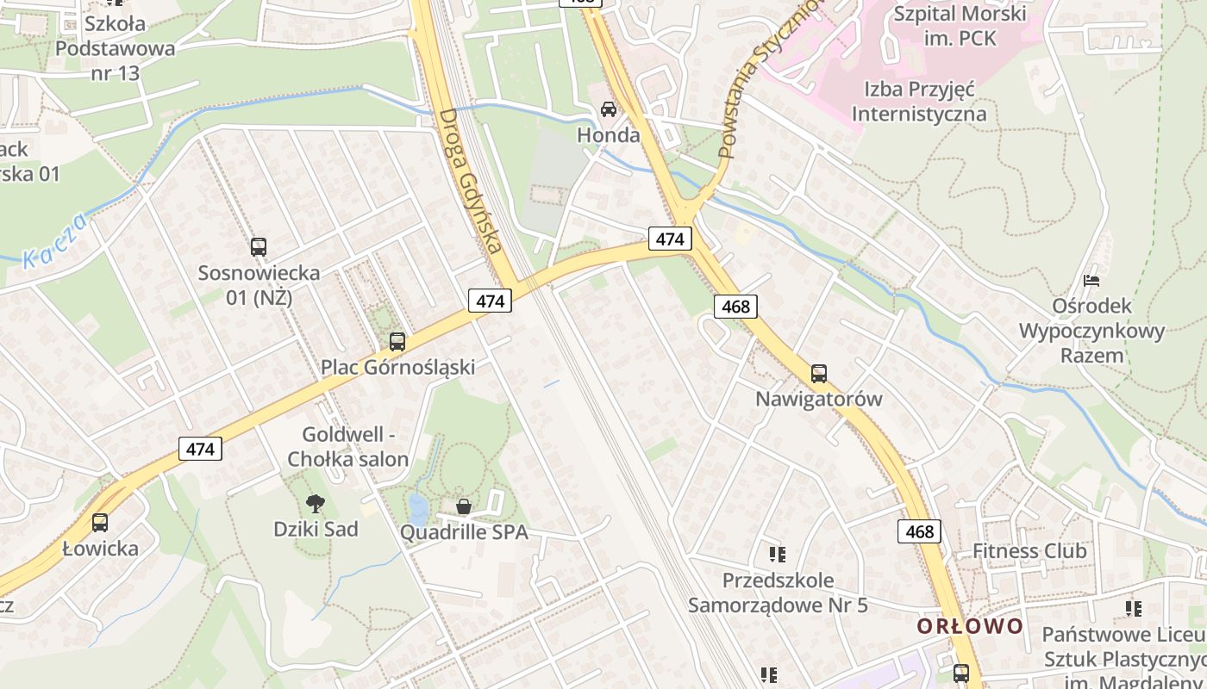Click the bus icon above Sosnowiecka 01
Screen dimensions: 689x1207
(x=258, y=247)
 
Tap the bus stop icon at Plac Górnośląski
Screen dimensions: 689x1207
(x=397, y=341)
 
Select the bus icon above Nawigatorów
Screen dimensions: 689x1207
(x=818, y=374)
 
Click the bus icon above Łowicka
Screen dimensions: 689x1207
(x=100, y=523)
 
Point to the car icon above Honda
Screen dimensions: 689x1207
(x=609, y=109)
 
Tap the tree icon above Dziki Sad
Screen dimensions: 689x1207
(x=316, y=503)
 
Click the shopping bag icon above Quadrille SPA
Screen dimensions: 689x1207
(x=464, y=506)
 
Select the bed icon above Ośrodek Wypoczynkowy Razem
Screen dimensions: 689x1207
(x=1091, y=281)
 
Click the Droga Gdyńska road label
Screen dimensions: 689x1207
(x=470, y=181)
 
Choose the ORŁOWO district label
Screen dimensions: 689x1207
(x=970, y=626)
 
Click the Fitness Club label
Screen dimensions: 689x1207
(x=1029, y=551)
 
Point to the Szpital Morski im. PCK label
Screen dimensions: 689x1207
(x=959, y=26)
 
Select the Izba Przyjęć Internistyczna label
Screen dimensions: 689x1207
(x=918, y=102)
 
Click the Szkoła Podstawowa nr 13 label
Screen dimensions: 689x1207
(x=115, y=48)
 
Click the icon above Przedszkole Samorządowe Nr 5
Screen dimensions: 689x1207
(x=778, y=554)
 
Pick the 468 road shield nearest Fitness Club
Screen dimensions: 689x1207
(x=919, y=531)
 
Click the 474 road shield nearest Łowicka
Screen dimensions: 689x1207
(x=200, y=449)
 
